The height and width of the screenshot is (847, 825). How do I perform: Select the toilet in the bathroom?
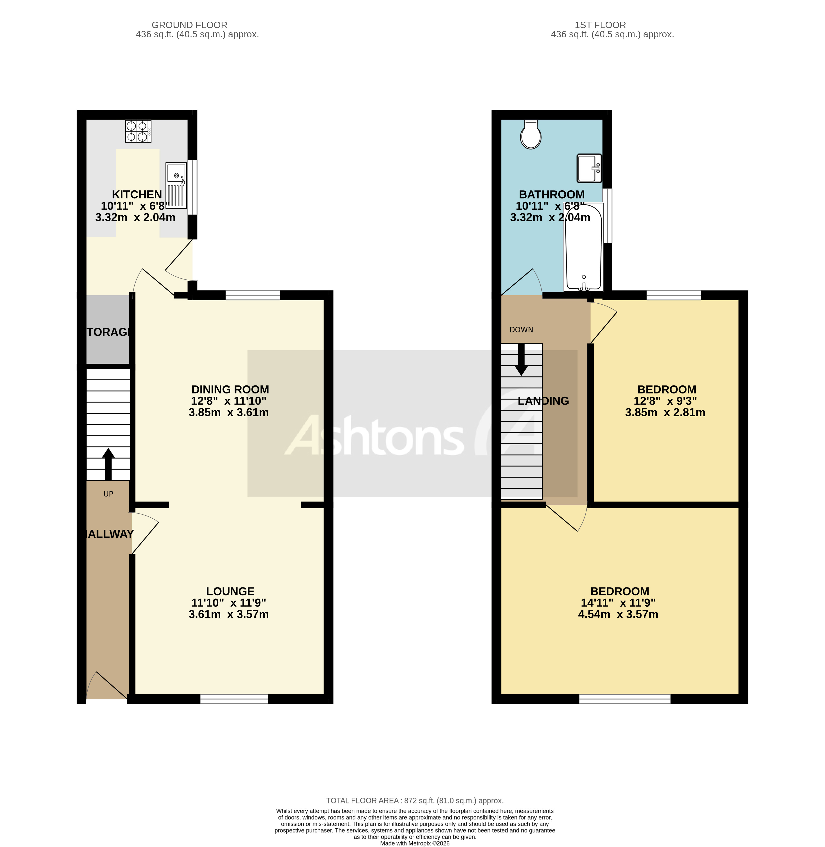tap(530, 134)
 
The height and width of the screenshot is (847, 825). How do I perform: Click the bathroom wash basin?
tap(589, 168)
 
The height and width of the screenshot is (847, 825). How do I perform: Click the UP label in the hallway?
tap(108, 494)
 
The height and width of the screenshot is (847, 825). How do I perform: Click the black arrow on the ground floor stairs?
tap(108, 464)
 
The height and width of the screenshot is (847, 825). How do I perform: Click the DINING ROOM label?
tap(230, 389)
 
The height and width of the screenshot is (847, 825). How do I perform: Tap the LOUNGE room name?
tap(230, 591)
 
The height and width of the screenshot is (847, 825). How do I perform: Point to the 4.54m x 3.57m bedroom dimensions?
tap(618, 614)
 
